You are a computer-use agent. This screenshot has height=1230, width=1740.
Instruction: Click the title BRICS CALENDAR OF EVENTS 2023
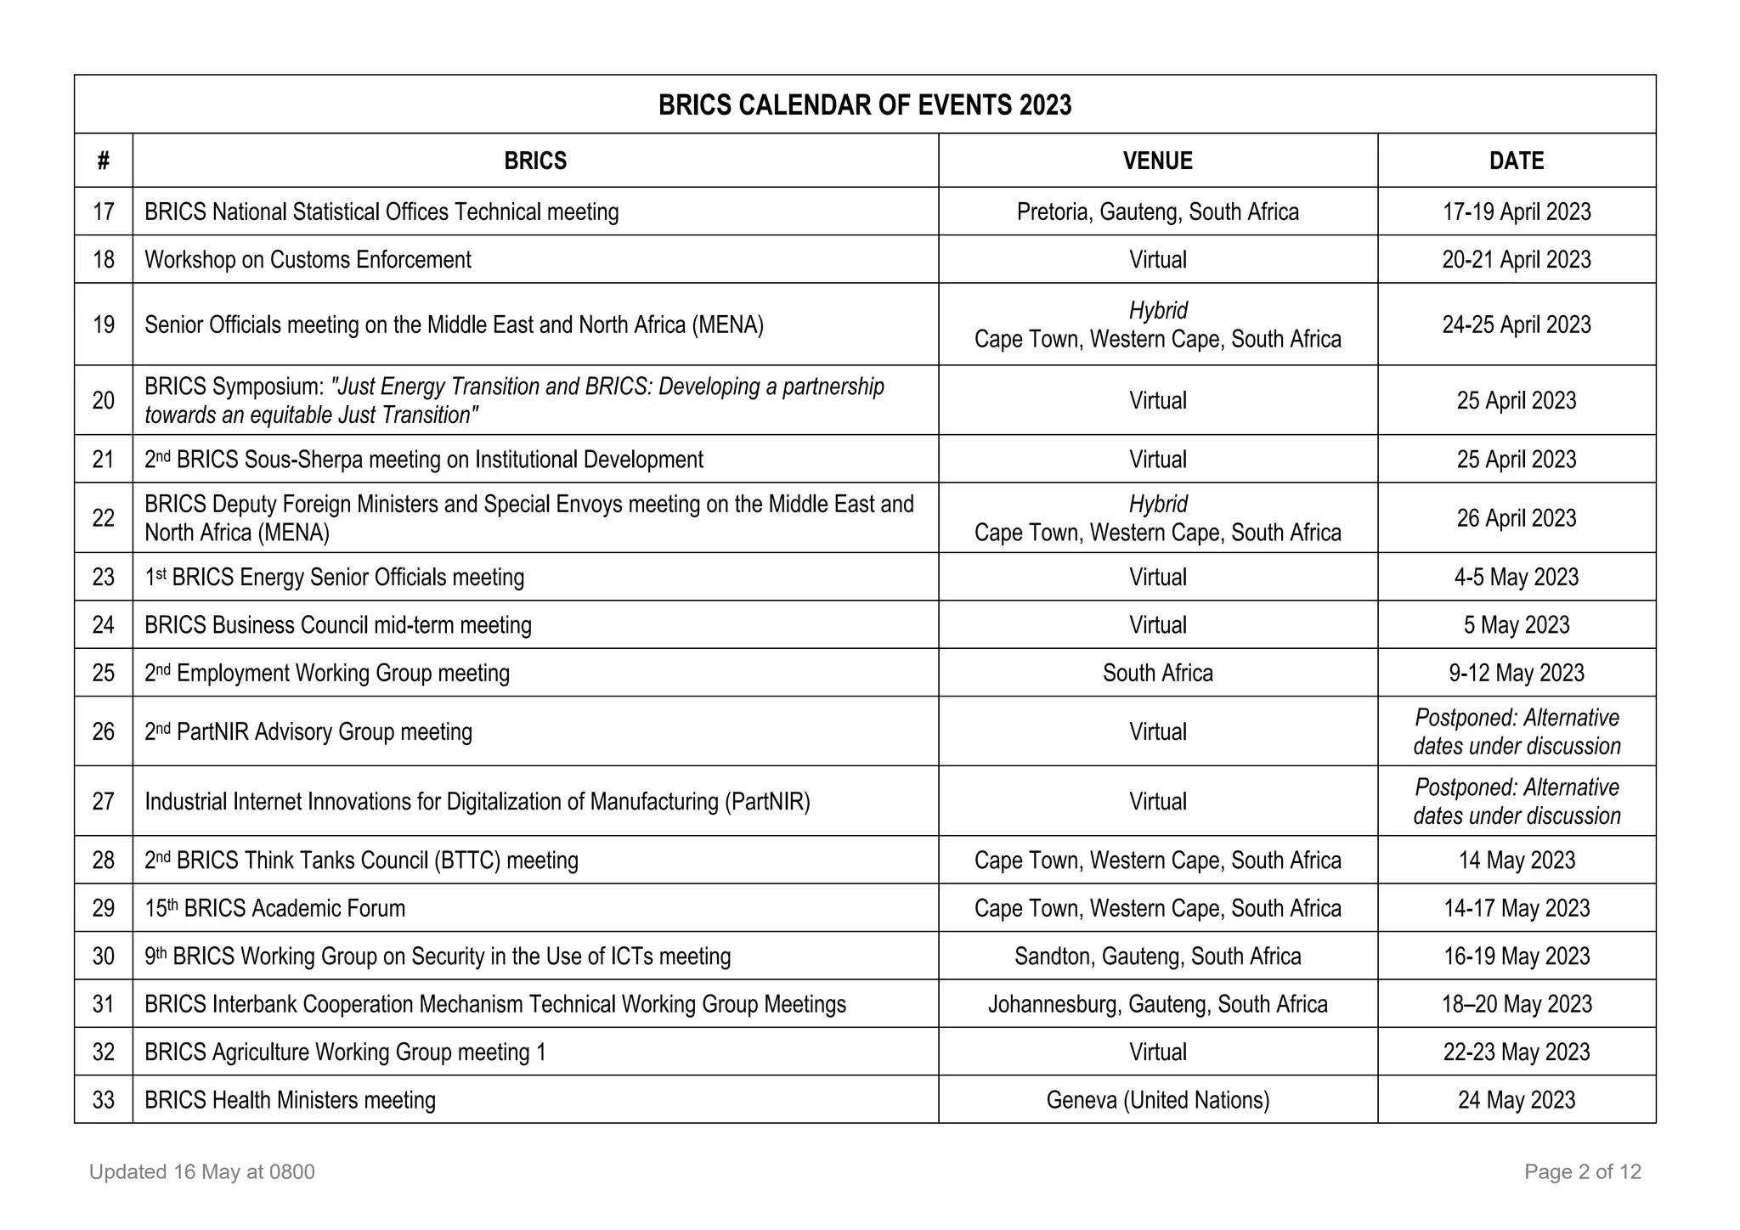865,105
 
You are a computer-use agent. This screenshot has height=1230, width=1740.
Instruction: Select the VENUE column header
1157,161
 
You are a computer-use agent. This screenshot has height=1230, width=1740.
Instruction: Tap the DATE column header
1516,161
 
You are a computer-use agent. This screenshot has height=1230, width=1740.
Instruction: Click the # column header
104,161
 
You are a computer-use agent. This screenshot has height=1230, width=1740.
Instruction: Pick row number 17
104,212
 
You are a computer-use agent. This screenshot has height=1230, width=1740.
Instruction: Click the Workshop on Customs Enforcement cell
308,260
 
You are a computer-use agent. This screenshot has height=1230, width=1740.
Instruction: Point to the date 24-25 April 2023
1516,324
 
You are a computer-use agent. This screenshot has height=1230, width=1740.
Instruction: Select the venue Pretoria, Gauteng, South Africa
1157,212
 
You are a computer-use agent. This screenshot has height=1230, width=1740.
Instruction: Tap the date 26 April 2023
1516,518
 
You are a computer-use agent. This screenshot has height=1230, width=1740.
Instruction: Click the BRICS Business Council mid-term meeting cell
338,625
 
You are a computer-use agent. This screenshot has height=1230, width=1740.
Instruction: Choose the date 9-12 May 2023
1516,673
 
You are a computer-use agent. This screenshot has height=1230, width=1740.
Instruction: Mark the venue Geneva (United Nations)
1157,1100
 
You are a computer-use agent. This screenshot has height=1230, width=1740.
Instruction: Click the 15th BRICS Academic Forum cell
275,908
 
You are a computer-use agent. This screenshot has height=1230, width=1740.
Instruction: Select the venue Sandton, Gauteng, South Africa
1157,956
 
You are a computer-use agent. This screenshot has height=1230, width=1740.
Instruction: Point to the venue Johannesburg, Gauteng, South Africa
1157,1004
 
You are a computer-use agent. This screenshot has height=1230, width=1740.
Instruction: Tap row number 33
104,1100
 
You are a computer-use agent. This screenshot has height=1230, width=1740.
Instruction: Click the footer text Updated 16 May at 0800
202,1172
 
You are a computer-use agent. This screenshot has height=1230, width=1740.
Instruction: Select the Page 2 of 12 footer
1582,1172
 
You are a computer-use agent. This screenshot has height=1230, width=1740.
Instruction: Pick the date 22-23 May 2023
1516,1052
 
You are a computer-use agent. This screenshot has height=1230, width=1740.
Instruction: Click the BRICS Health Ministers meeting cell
290,1100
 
